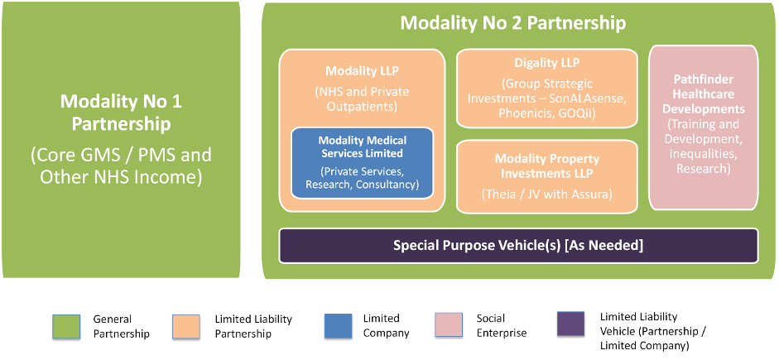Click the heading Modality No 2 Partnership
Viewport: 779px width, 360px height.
pyautogui.click(x=512, y=22)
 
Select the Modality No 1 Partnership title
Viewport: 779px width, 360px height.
pyautogui.click(x=121, y=113)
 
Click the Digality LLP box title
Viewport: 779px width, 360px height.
pyautogui.click(x=547, y=63)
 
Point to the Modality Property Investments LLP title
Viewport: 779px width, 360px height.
pyautogui.click(x=547, y=166)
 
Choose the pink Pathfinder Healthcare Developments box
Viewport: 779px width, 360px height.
pyautogui.click(x=703, y=127)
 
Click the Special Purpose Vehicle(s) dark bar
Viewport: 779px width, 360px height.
pyautogui.click(x=518, y=245)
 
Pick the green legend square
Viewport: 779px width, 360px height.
pyautogui.click(x=66, y=325)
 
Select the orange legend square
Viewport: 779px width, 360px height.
pyautogui.click(x=185, y=325)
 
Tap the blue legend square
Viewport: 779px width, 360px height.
pyautogui.click(x=338, y=325)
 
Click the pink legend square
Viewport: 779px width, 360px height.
pyautogui.click(x=449, y=324)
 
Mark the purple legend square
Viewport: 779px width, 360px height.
pyautogui.click(x=570, y=323)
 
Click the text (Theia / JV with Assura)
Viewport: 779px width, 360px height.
pyautogui.click(x=547, y=195)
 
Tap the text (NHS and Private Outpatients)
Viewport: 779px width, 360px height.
pyautogui.click(x=361, y=98)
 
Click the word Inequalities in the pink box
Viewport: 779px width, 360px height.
pyautogui.click(x=703, y=154)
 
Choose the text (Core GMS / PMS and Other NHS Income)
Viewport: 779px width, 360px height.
pyautogui.click(x=121, y=166)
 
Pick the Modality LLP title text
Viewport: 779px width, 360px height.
pyautogui.click(x=361, y=71)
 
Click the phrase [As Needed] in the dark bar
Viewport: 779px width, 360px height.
pyautogui.click(x=605, y=245)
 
